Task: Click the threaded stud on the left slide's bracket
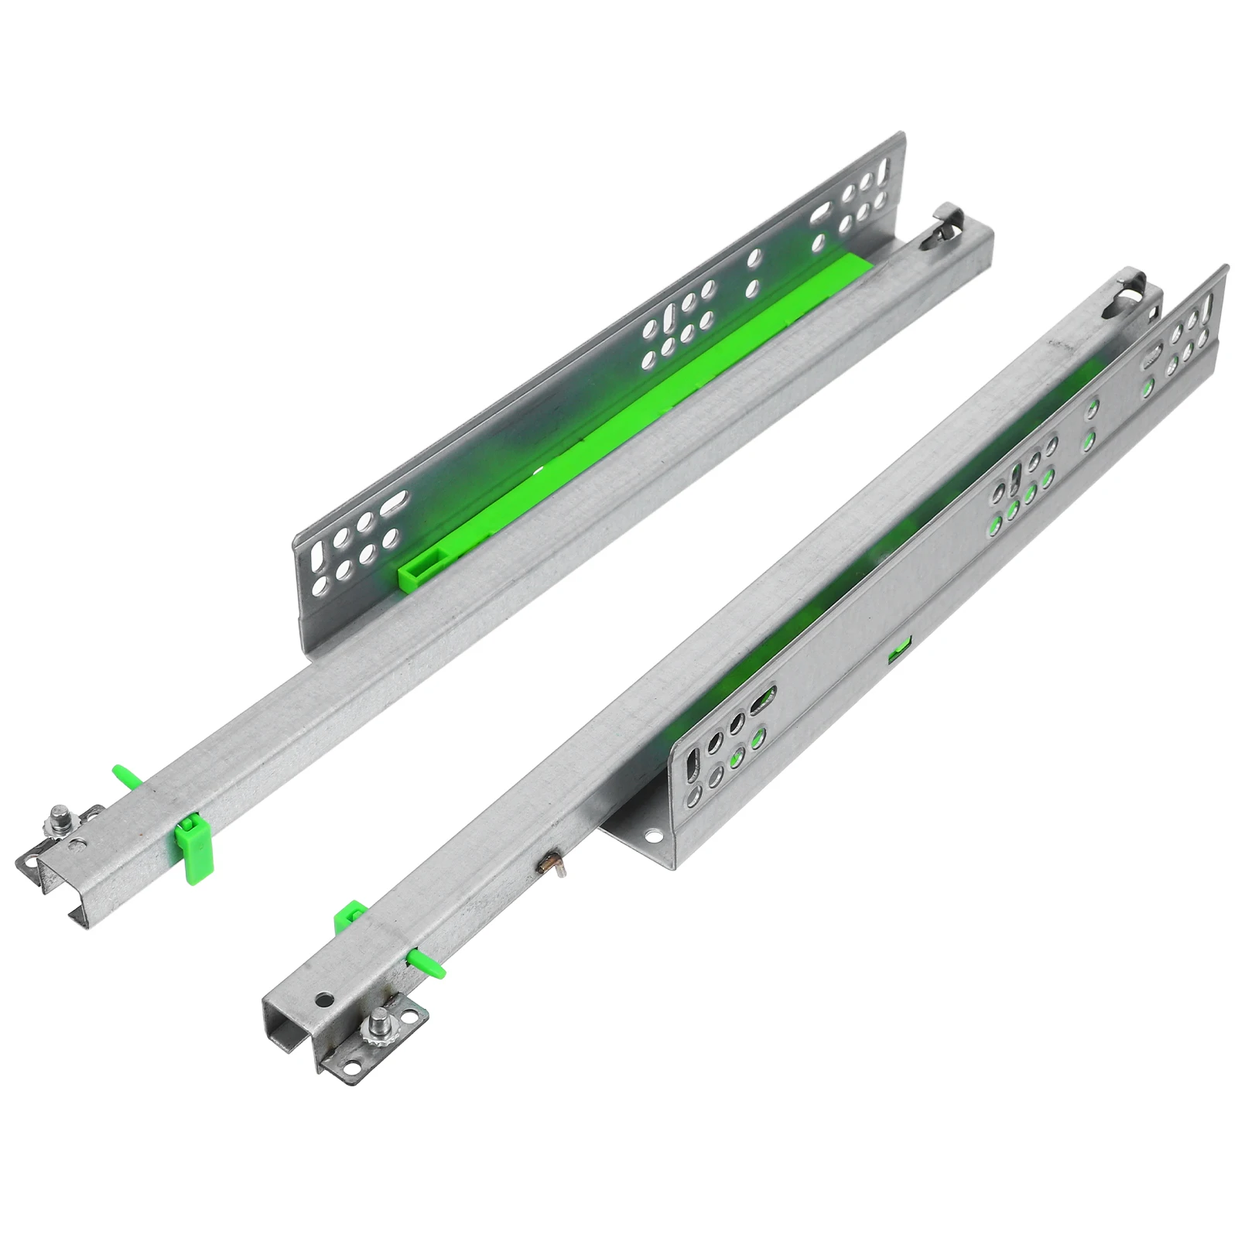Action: pos(58,817)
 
